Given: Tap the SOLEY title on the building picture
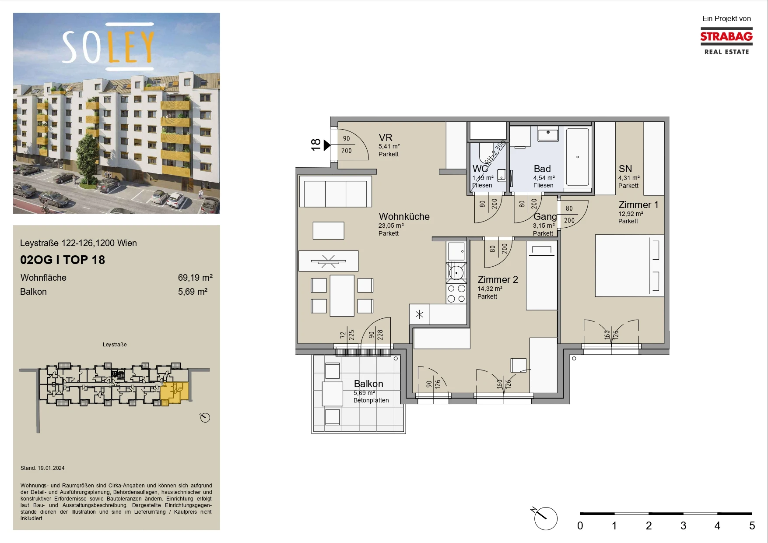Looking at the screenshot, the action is point(108,46).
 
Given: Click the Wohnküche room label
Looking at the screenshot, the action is point(404,216).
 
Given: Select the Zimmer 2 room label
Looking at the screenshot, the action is point(498,279).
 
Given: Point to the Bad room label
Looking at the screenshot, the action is point(542,169).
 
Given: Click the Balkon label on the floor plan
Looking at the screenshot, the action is point(368,384).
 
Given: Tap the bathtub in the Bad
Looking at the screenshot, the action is point(578,157).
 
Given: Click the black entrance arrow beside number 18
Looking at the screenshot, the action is point(327,145).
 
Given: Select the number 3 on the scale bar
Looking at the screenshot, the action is point(683,525).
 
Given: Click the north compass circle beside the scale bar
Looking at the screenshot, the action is point(546,518).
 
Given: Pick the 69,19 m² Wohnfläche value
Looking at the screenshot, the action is point(195,278).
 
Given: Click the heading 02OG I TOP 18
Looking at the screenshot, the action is point(63,260).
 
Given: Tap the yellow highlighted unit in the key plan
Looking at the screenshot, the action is point(174,393).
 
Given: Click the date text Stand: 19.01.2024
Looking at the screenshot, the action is point(42,468).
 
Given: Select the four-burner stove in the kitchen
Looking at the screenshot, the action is point(456,293).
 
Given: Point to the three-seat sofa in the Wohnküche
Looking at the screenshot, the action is point(335,191).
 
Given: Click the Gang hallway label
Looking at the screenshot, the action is point(545,216).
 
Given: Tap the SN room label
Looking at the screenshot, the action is point(625,169).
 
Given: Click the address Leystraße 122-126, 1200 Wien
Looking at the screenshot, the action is point(78,243).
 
